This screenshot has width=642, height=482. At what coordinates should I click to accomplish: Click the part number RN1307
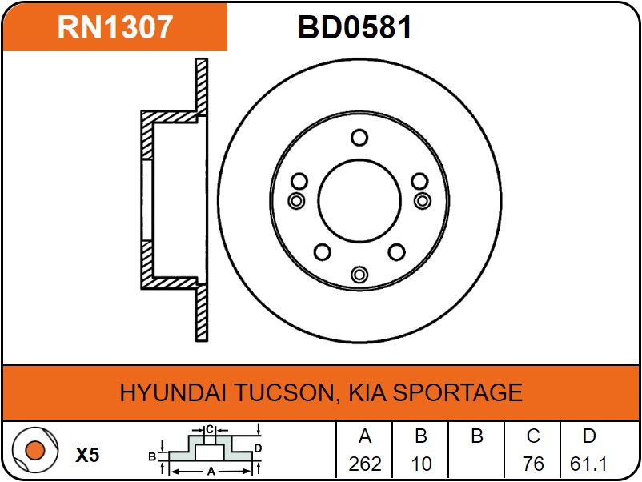(x=114, y=27)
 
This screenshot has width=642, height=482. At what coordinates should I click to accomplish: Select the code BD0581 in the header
(x=355, y=27)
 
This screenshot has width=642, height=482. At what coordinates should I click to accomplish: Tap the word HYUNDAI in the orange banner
(x=172, y=392)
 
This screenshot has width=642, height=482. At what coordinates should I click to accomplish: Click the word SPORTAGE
(x=457, y=392)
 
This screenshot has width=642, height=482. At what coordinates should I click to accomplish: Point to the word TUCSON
(x=287, y=392)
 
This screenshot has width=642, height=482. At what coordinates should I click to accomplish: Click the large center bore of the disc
(x=359, y=201)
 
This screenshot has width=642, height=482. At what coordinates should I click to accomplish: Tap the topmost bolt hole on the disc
(x=359, y=138)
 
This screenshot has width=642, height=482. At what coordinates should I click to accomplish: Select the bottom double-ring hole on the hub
(x=359, y=275)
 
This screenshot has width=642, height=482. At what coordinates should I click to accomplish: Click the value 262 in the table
(x=365, y=464)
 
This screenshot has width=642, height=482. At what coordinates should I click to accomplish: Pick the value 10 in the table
(x=421, y=464)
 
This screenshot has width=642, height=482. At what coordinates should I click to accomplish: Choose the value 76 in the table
(x=533, y=464)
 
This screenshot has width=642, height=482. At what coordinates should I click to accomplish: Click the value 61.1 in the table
(x=588, y=464)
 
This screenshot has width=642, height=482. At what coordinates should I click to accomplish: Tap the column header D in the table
(x=589, y=436)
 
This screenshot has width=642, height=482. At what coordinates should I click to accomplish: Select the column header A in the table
(x=365, y=436)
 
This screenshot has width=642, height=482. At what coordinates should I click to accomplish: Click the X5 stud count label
(x=87, y=455)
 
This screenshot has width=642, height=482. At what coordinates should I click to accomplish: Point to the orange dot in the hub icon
(x=34, y=450)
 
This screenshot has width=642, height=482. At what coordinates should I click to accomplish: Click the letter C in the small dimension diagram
(x=210, y=430)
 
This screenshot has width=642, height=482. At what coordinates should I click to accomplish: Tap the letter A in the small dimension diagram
(x=211, y=472)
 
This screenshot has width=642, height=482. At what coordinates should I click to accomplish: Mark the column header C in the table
(x=533, y=436)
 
